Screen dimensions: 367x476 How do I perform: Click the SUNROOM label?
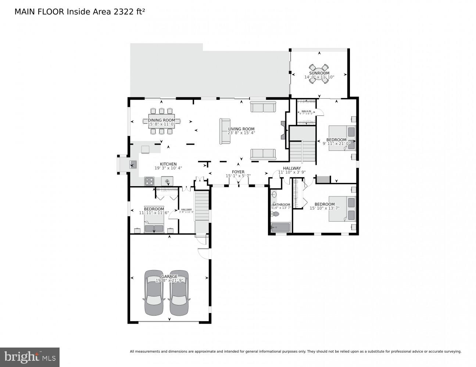[x=319, y=73]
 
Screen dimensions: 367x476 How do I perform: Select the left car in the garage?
[x=154, y=292]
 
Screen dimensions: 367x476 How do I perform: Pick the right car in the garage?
[x=179, y=292]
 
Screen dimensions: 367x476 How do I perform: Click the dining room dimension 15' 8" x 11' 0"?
[x=161, y=124]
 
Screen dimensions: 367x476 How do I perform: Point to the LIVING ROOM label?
[x=241, y=129]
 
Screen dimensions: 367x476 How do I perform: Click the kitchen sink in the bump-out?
[x=133, y=164]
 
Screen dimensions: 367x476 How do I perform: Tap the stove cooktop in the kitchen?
[x=149, y=181]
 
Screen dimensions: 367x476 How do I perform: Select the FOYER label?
[x=238, y=172]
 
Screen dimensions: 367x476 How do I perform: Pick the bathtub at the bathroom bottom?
[x=281, y=227]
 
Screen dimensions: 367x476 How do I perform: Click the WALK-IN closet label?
[x=306, y=111]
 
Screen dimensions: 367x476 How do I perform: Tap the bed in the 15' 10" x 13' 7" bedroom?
[x=342, y=209]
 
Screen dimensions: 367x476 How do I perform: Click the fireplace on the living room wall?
[x=283, y=130]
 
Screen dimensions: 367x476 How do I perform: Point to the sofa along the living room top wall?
[x=263, y=107]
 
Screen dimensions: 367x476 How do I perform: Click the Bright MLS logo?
[x=29, y=357]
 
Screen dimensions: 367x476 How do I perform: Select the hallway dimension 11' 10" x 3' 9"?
[x=292, y=172]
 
